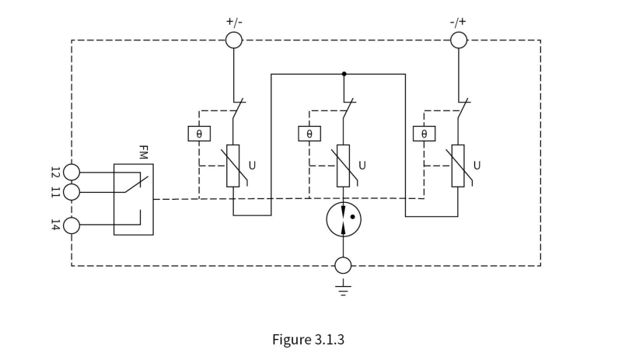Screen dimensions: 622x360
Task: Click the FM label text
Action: tap(144, 152)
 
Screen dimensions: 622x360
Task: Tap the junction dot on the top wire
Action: tap(344, 74)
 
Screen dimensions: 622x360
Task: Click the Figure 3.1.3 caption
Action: tap(308, 340)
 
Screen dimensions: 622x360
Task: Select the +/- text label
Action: tap(234, 22)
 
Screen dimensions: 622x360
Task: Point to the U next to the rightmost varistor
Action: tap(477, 166)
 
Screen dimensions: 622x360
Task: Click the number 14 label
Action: tap(55, 225)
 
